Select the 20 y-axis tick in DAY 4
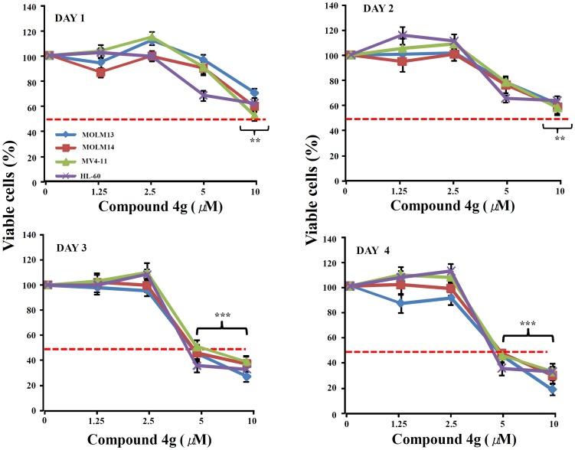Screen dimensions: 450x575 (x=332, y=388)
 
